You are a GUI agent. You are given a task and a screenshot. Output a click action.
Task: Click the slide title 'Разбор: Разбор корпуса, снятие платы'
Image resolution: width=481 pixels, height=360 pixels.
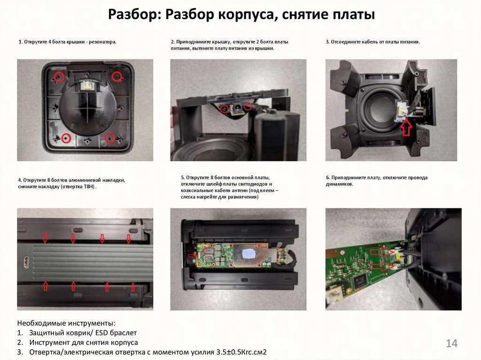[241, 15]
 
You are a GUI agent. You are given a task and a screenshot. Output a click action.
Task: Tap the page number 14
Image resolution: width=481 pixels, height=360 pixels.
[451, 344]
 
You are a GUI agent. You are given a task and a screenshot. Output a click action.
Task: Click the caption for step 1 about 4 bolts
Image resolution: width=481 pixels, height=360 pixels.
[67, 42]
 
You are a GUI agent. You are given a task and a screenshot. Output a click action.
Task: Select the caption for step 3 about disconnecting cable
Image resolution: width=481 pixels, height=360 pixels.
[372, 42]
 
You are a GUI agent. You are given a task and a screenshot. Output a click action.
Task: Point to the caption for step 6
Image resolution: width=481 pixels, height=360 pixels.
[376, 181]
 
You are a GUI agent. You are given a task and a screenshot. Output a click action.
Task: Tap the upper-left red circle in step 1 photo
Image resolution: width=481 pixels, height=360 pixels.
[58, 77]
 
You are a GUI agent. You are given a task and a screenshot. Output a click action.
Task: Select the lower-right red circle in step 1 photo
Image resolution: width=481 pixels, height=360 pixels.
[109, 138]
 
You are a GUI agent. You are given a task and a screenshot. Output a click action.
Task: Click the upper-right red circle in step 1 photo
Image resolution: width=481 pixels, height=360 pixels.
[116, 76]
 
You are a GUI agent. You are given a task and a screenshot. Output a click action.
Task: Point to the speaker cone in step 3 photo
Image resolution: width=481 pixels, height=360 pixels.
[378, 109]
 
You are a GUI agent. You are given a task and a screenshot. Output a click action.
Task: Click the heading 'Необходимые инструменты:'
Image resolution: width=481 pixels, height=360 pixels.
[66, 323]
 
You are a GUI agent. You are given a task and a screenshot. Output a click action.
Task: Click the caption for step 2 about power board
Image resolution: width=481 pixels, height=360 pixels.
[229, 45]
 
